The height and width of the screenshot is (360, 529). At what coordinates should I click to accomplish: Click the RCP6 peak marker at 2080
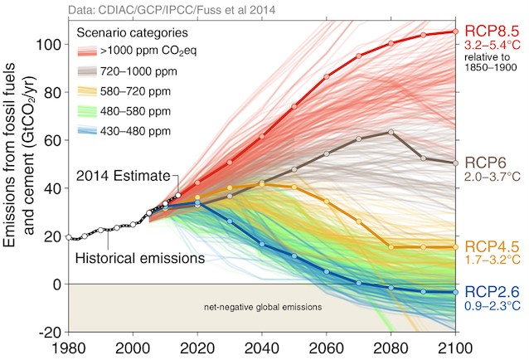391,132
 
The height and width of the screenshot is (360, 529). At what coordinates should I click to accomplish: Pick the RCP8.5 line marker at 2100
454,32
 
